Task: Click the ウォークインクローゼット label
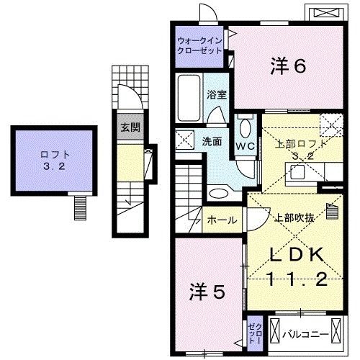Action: [x=200, y=45]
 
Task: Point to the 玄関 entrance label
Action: [x=130, y=129]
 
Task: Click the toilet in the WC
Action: [x=245, y=128]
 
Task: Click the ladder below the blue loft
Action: [x=78, y=208]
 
